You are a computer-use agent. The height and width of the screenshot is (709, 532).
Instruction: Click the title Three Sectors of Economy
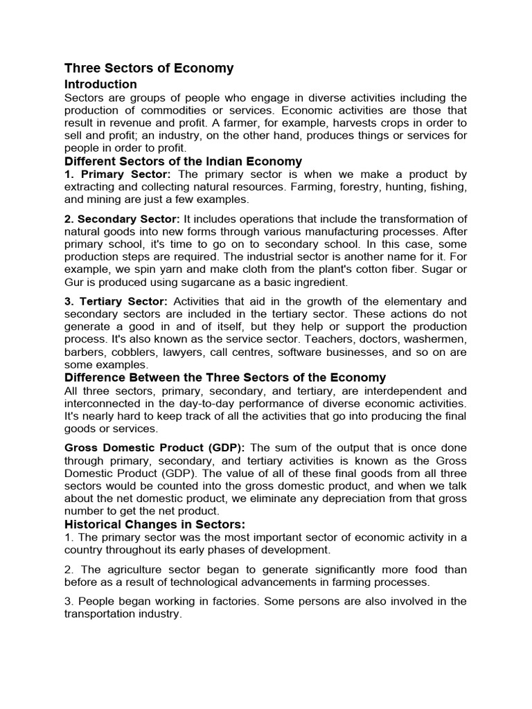[x=149, y=69]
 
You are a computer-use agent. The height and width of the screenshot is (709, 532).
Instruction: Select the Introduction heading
[x=100, y=84]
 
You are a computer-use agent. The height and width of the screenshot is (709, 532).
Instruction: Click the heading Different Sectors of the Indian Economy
[x=183, y=162]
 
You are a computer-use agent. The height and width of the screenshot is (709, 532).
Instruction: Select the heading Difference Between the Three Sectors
[x=225, y=377]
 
